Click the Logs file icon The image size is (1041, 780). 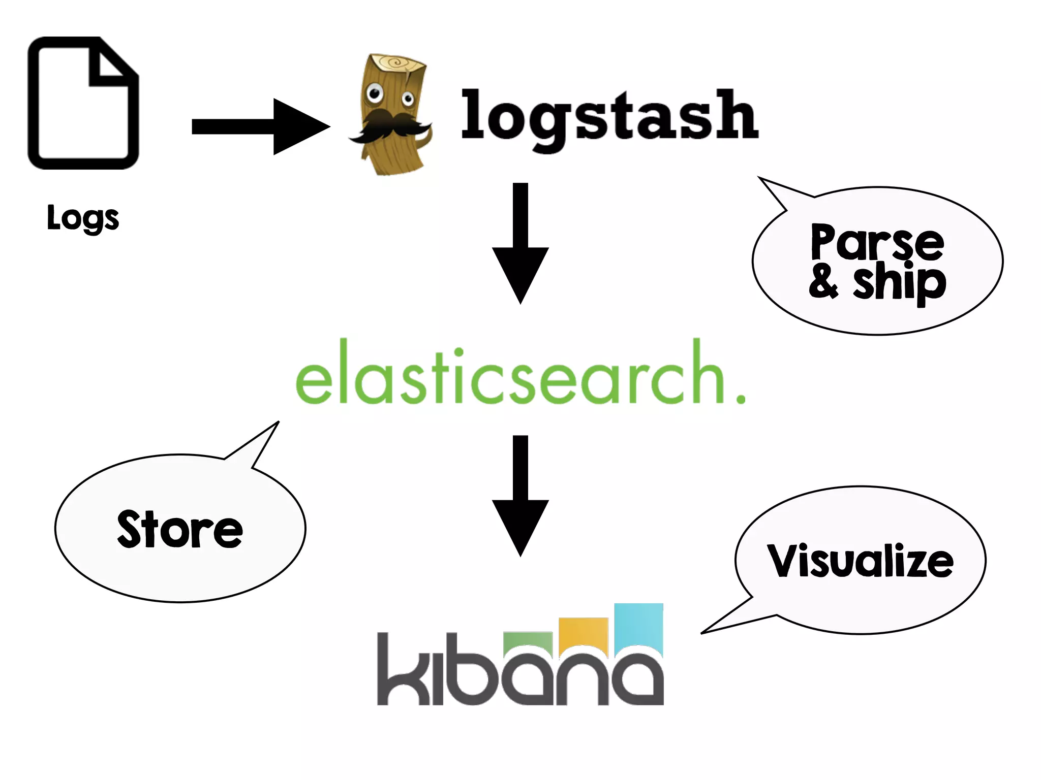click(83, 103)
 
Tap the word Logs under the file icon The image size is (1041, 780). click(83, 218)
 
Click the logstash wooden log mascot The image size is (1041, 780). click(391, 115)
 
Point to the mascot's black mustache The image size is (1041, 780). click(389, 127)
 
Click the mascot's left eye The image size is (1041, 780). click(375, 93)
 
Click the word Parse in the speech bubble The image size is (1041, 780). click(877, 242)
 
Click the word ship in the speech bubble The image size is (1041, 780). click(900, 282)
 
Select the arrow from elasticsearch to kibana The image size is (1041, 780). click(520, 495)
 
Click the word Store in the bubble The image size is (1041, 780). click(180, 530)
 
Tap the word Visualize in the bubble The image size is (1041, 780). click(860, 561)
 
